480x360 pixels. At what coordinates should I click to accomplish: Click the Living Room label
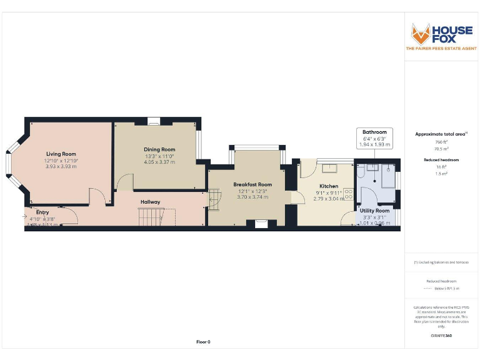61,154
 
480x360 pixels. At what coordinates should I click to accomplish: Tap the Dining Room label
159,149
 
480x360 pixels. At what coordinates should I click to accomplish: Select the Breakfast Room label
252,184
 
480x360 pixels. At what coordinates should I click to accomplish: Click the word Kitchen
329,186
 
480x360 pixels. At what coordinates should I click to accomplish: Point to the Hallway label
150,202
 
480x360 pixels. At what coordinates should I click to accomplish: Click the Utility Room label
374,211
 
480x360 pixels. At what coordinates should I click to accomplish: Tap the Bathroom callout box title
374,132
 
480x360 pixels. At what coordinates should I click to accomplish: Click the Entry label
42,212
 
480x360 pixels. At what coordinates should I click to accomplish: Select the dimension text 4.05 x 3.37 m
159,162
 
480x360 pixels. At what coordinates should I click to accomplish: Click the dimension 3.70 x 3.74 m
252,197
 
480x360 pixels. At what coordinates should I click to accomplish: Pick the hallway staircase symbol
152,217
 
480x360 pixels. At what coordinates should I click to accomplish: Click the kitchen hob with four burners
348,196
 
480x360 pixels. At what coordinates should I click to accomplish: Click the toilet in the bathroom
388,169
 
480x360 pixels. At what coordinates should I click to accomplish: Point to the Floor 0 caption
203,342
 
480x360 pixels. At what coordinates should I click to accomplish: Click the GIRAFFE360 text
441,336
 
